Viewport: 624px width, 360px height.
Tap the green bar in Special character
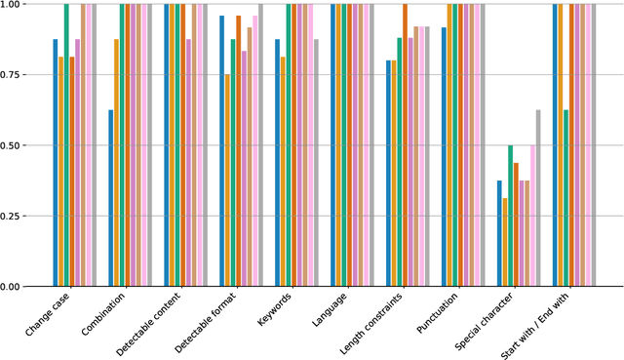(x=511, y=216)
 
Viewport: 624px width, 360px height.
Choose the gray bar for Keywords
(x=316, y=163)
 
